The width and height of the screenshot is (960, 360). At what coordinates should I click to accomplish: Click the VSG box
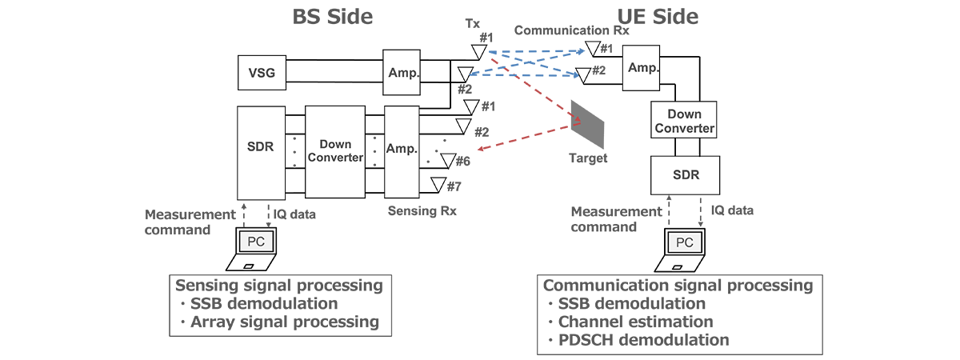point(261,73)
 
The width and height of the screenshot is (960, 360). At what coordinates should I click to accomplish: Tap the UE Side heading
point(658,17)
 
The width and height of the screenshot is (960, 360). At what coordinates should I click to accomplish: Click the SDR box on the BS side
point(261,151)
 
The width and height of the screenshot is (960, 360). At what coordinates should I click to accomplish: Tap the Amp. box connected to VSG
point(402,73)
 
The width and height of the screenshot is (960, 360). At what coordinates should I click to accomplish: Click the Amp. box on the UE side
point(643,69)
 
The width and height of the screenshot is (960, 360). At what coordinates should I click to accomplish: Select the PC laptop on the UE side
point(684,250)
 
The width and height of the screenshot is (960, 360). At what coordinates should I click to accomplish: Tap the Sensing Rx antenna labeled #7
point(436,185)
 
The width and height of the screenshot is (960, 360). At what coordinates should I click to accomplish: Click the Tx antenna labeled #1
point(478,53)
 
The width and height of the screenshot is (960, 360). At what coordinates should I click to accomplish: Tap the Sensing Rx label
point(422,211)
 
